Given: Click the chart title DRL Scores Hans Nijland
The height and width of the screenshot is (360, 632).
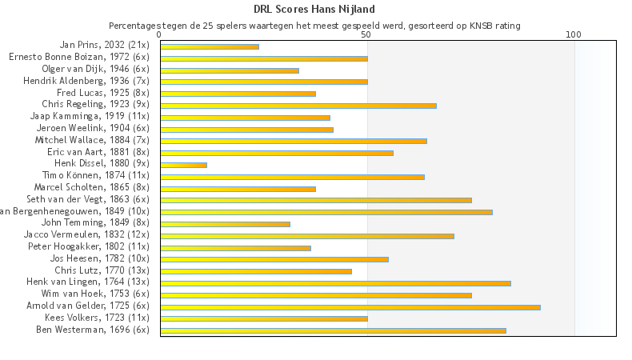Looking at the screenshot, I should [314, 10].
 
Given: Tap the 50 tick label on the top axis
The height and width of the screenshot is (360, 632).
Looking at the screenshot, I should [366, 35].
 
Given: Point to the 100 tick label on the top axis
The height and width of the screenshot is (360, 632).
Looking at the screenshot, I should [574, 35].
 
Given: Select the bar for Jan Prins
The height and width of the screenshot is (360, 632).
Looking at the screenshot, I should [210, 46].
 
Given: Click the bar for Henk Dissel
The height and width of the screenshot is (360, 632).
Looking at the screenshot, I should [183, 165].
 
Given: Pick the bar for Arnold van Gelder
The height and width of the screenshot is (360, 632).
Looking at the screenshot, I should [350, 306].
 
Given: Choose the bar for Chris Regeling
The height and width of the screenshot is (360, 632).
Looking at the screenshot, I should [298, 106].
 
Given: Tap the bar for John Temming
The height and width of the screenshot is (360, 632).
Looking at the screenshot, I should [225, 224].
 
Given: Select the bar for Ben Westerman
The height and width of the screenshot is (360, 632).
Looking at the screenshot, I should [333, 330].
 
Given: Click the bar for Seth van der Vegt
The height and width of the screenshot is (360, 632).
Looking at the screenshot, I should [316, 200].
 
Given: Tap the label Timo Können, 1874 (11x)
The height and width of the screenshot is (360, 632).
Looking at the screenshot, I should [95, 175].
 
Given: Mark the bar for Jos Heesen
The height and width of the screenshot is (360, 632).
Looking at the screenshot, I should [274, 259].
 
